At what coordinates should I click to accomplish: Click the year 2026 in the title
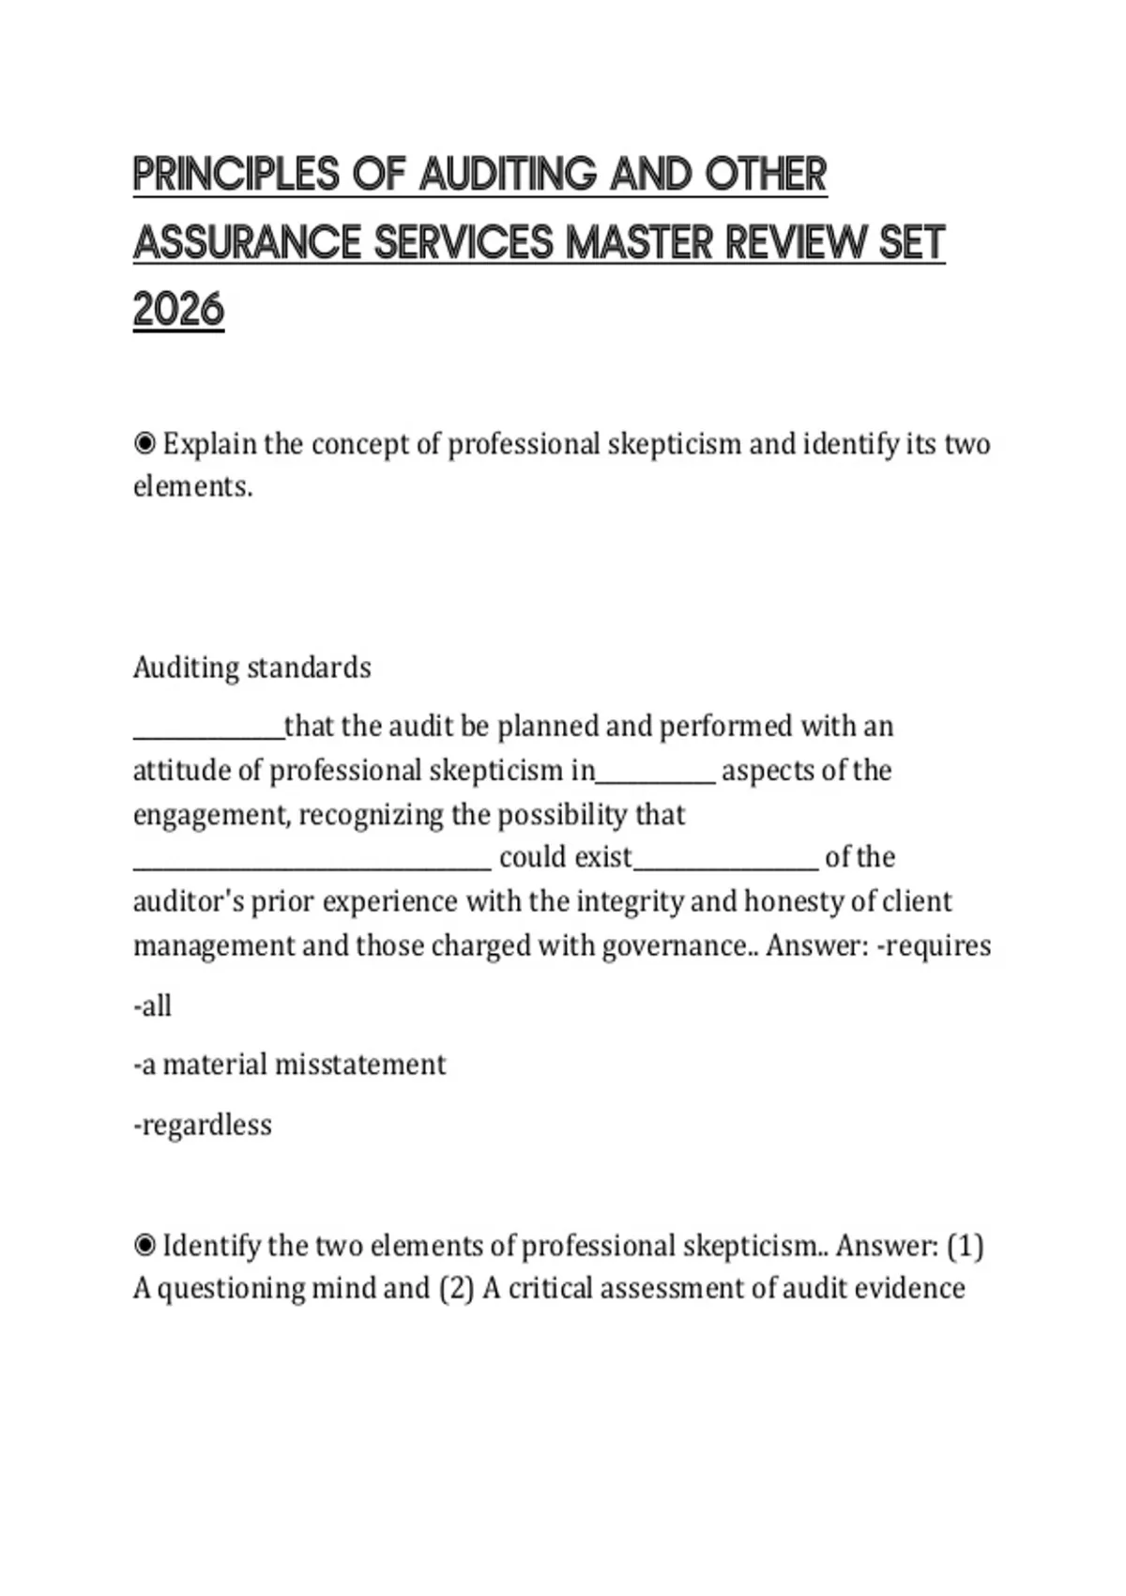(x=178, y=310)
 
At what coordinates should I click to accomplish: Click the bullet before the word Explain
(x=145, y=443)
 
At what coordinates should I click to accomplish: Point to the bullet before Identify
(x=145, y=1246)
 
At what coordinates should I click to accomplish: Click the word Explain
(x=209, y=444)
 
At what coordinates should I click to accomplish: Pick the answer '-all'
(x=152, y=1006)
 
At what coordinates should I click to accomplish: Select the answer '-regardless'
(x=203, y=1125)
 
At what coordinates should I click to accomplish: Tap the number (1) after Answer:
(x=965, y=1246)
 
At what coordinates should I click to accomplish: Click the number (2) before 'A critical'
(x=456, y=1288)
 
